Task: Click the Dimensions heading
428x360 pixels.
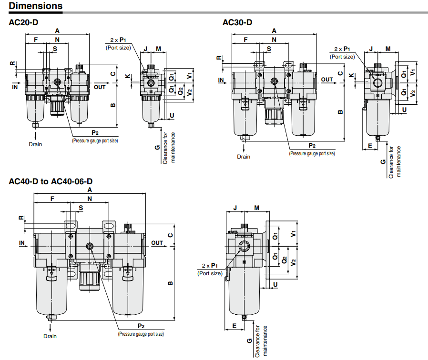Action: [36, 6]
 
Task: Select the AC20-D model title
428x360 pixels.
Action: [23, 22]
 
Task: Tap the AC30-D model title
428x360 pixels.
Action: [237, 22]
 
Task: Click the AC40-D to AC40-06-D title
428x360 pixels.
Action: [51, 181]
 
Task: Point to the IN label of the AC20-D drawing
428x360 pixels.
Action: [15, 87]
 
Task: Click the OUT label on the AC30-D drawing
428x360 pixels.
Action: [327, 80]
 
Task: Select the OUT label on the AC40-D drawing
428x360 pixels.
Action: [157, 243]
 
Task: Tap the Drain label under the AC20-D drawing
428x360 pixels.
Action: [35, 144]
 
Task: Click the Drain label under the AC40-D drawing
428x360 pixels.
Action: [50, 336]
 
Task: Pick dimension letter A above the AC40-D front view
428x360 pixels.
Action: [90, 190]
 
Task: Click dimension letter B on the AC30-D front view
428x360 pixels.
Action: [340, 112]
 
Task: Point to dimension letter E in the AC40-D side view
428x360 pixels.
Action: [234, 326]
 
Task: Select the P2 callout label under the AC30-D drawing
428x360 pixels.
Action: [312, 146]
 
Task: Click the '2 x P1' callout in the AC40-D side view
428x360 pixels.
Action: [210, 266]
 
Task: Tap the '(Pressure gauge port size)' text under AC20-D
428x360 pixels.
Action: [95, 141]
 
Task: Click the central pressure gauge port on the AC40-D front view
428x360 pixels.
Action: [90, 246]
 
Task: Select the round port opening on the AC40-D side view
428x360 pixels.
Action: [244, 246]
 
